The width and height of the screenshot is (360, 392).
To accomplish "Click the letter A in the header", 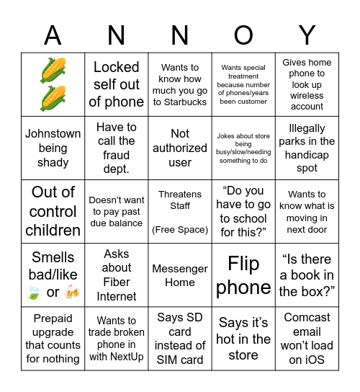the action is [53, 35].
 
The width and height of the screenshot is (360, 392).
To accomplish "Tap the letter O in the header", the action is [243, 35].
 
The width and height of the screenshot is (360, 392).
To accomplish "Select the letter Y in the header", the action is [307, 35].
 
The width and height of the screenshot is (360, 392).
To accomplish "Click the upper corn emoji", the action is [53, 69].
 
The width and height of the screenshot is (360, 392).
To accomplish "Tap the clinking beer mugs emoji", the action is [71, 292].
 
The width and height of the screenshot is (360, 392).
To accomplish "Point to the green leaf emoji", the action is [33, 293].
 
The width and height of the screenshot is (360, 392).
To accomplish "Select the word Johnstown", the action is [53, 133].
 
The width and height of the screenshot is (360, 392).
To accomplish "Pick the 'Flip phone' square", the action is [243, 275].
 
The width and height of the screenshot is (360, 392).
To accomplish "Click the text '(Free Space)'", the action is [180, 230].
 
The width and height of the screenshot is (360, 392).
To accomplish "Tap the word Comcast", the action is [307, 317].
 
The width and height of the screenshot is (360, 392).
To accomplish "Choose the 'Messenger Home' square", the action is [180, 275].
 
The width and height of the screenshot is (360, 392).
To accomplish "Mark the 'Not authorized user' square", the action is [180, 148].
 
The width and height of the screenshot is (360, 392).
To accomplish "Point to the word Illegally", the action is [307, 128].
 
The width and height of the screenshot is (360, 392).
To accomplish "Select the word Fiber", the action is [117, 282].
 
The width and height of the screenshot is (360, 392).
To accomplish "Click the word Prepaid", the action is [53, 318].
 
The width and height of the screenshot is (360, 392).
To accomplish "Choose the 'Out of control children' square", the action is [53, 211].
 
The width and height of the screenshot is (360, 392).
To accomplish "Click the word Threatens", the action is [180, 195].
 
